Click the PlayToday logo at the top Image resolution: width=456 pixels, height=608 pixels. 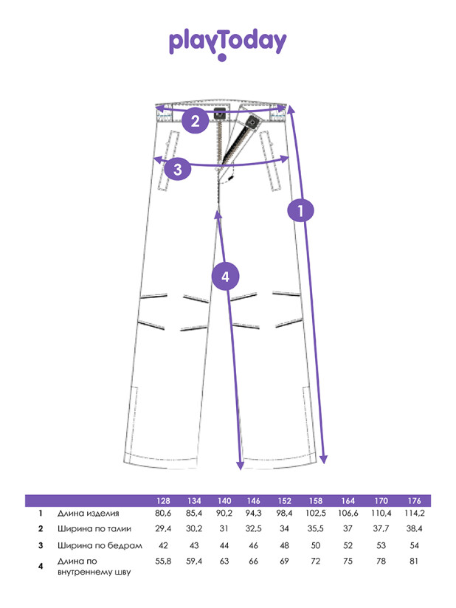pos(227,44)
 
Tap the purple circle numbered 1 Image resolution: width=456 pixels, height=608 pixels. pos(300,211)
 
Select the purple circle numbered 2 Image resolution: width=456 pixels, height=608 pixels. pos(196,121)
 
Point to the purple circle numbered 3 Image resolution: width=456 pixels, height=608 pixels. pos(178,170)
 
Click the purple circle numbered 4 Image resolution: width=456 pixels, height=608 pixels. pos(226,277)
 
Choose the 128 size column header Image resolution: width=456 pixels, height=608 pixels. pos(164,500)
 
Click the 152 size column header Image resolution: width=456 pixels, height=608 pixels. pos(286,500)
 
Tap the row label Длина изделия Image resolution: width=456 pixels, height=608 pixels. pos(88,514)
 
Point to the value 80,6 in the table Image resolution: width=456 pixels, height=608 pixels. pos(164,514)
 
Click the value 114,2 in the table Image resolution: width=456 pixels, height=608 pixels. pos(414,514)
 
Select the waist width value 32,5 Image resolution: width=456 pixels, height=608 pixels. pos(255,529)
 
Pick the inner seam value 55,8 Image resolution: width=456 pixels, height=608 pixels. pos(164,562)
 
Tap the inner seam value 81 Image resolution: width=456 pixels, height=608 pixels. pos(414,562)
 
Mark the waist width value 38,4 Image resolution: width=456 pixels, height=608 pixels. pos(414,529)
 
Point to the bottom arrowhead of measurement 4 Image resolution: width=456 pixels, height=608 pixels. pos(239,466)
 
